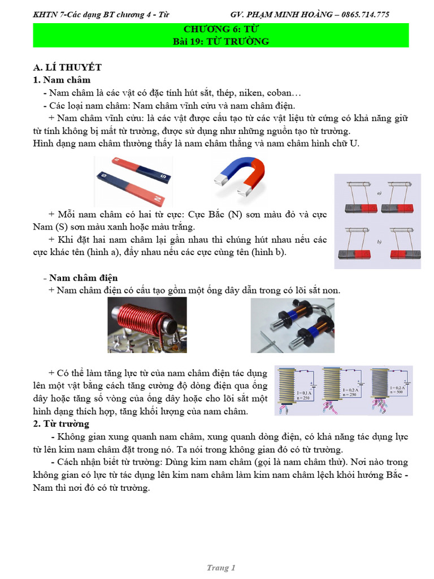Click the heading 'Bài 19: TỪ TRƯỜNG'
click(220, 41)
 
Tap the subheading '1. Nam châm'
click(62, 80)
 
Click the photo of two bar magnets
click(133, 180)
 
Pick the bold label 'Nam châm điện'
click(83, 278)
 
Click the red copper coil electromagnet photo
click(147, 325)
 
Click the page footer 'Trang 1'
click(221, 568)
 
